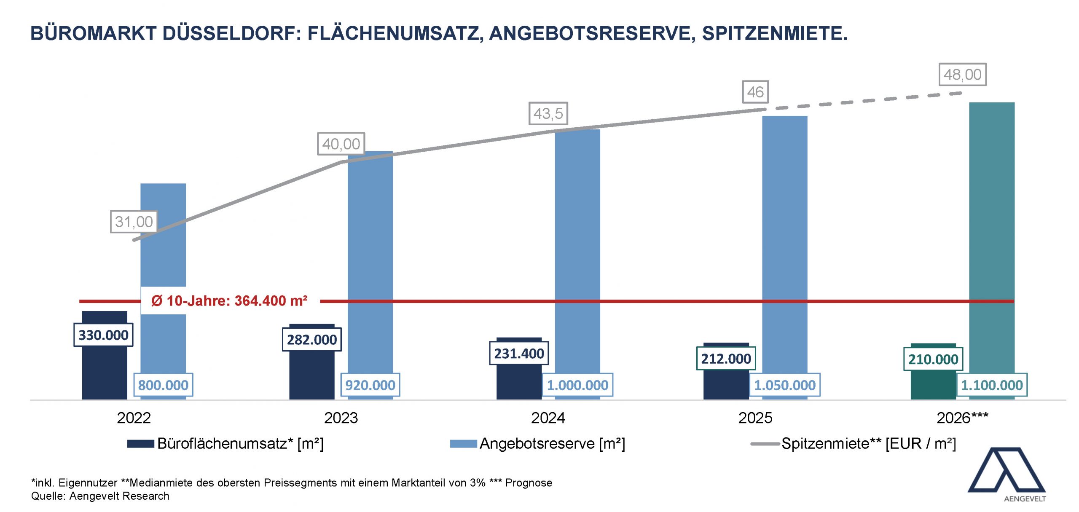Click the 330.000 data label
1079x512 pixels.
pos(103,335)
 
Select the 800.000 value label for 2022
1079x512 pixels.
pos(163,385)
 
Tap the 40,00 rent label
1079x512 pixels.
pos(341,144)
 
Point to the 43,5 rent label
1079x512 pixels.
pos(548,113)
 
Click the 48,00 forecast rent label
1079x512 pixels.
pos(962,75)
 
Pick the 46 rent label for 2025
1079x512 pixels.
pos(755,92)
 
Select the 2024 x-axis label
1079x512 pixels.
pos(548,418)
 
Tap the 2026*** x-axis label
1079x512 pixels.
pos(962,418)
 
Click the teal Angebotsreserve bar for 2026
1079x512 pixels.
pos(992,236)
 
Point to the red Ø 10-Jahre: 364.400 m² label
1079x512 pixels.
pos(230,301)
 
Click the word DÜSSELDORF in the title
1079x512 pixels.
pos(231,34)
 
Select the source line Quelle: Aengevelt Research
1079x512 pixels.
pos(100,496)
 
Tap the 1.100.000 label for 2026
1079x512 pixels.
pos(992,385)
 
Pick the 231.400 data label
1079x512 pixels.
pos(519,354)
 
